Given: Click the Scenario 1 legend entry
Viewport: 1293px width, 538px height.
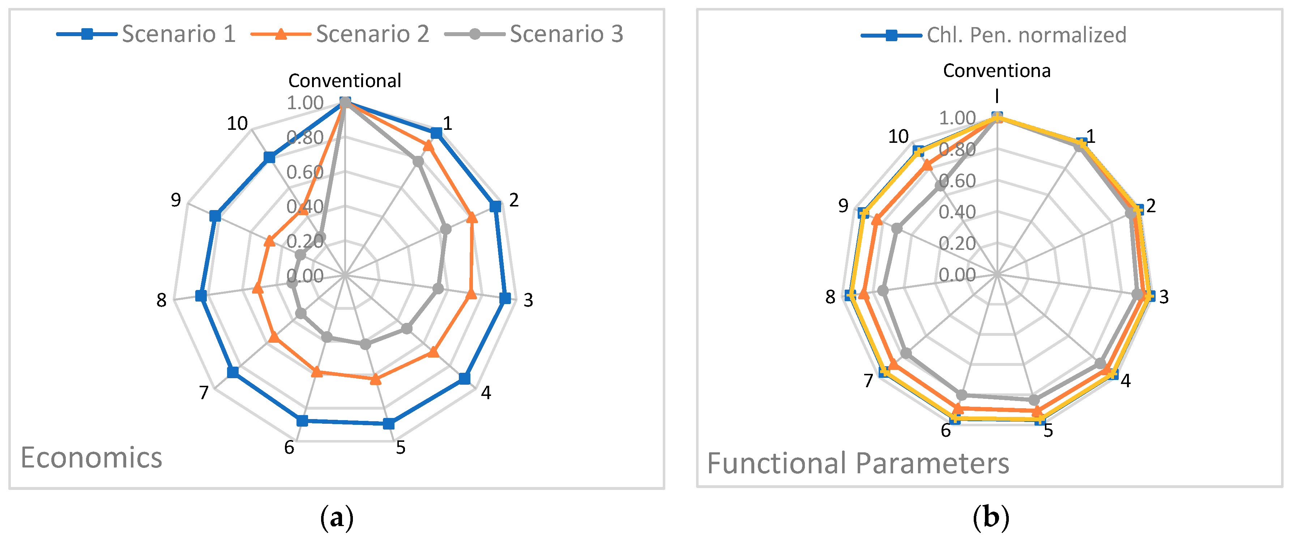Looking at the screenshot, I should point(146,34).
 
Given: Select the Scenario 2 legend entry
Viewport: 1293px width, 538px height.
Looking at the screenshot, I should point(340,34).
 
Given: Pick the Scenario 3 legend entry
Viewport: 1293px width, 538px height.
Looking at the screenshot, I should point(534,34).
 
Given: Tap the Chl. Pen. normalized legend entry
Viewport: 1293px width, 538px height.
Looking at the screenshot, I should point(994,35).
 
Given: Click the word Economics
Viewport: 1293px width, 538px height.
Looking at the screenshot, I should point(91,458).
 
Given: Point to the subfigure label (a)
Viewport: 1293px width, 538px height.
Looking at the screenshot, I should point(336,517).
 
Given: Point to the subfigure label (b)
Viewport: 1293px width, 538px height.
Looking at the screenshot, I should point(990,517).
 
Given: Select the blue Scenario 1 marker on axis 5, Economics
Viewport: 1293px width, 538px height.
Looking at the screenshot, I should point(388,424).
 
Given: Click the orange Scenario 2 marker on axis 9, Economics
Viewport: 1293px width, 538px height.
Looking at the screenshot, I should point(269,242).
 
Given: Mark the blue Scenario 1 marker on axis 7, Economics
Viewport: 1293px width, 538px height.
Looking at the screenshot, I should point(233,372).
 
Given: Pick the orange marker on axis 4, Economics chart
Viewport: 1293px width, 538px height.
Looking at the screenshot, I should point(433,352).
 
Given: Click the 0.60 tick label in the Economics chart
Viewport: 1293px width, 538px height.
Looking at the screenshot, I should point(305,172).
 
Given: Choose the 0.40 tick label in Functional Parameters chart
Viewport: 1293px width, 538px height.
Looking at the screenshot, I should point(957,212).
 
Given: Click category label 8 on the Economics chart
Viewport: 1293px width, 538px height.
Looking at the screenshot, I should point(161,300).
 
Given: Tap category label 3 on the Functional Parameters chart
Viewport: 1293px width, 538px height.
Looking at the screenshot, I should point(1164,296).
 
